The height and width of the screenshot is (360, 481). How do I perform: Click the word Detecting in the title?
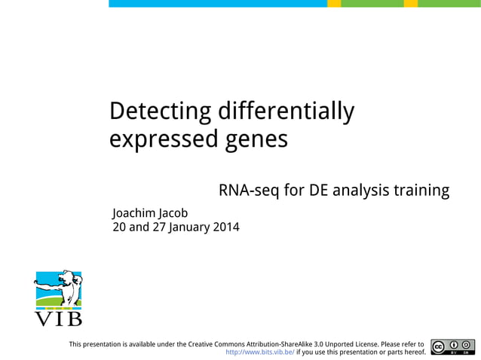click(160, 111)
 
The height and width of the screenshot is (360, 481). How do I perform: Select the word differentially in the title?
click(285, 111)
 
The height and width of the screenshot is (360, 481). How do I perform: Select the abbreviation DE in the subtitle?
click(319, 191)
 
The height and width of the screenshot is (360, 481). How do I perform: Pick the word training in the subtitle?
click(421, 191)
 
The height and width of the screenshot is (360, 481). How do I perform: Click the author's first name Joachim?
click(134, 212)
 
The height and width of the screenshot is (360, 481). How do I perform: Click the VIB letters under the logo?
click(59, 320)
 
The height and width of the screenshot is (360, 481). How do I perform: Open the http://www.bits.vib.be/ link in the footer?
click(260, 351)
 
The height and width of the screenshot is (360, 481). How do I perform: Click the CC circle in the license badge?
click(438, 345)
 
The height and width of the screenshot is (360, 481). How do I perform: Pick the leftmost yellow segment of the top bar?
click(334, 4)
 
